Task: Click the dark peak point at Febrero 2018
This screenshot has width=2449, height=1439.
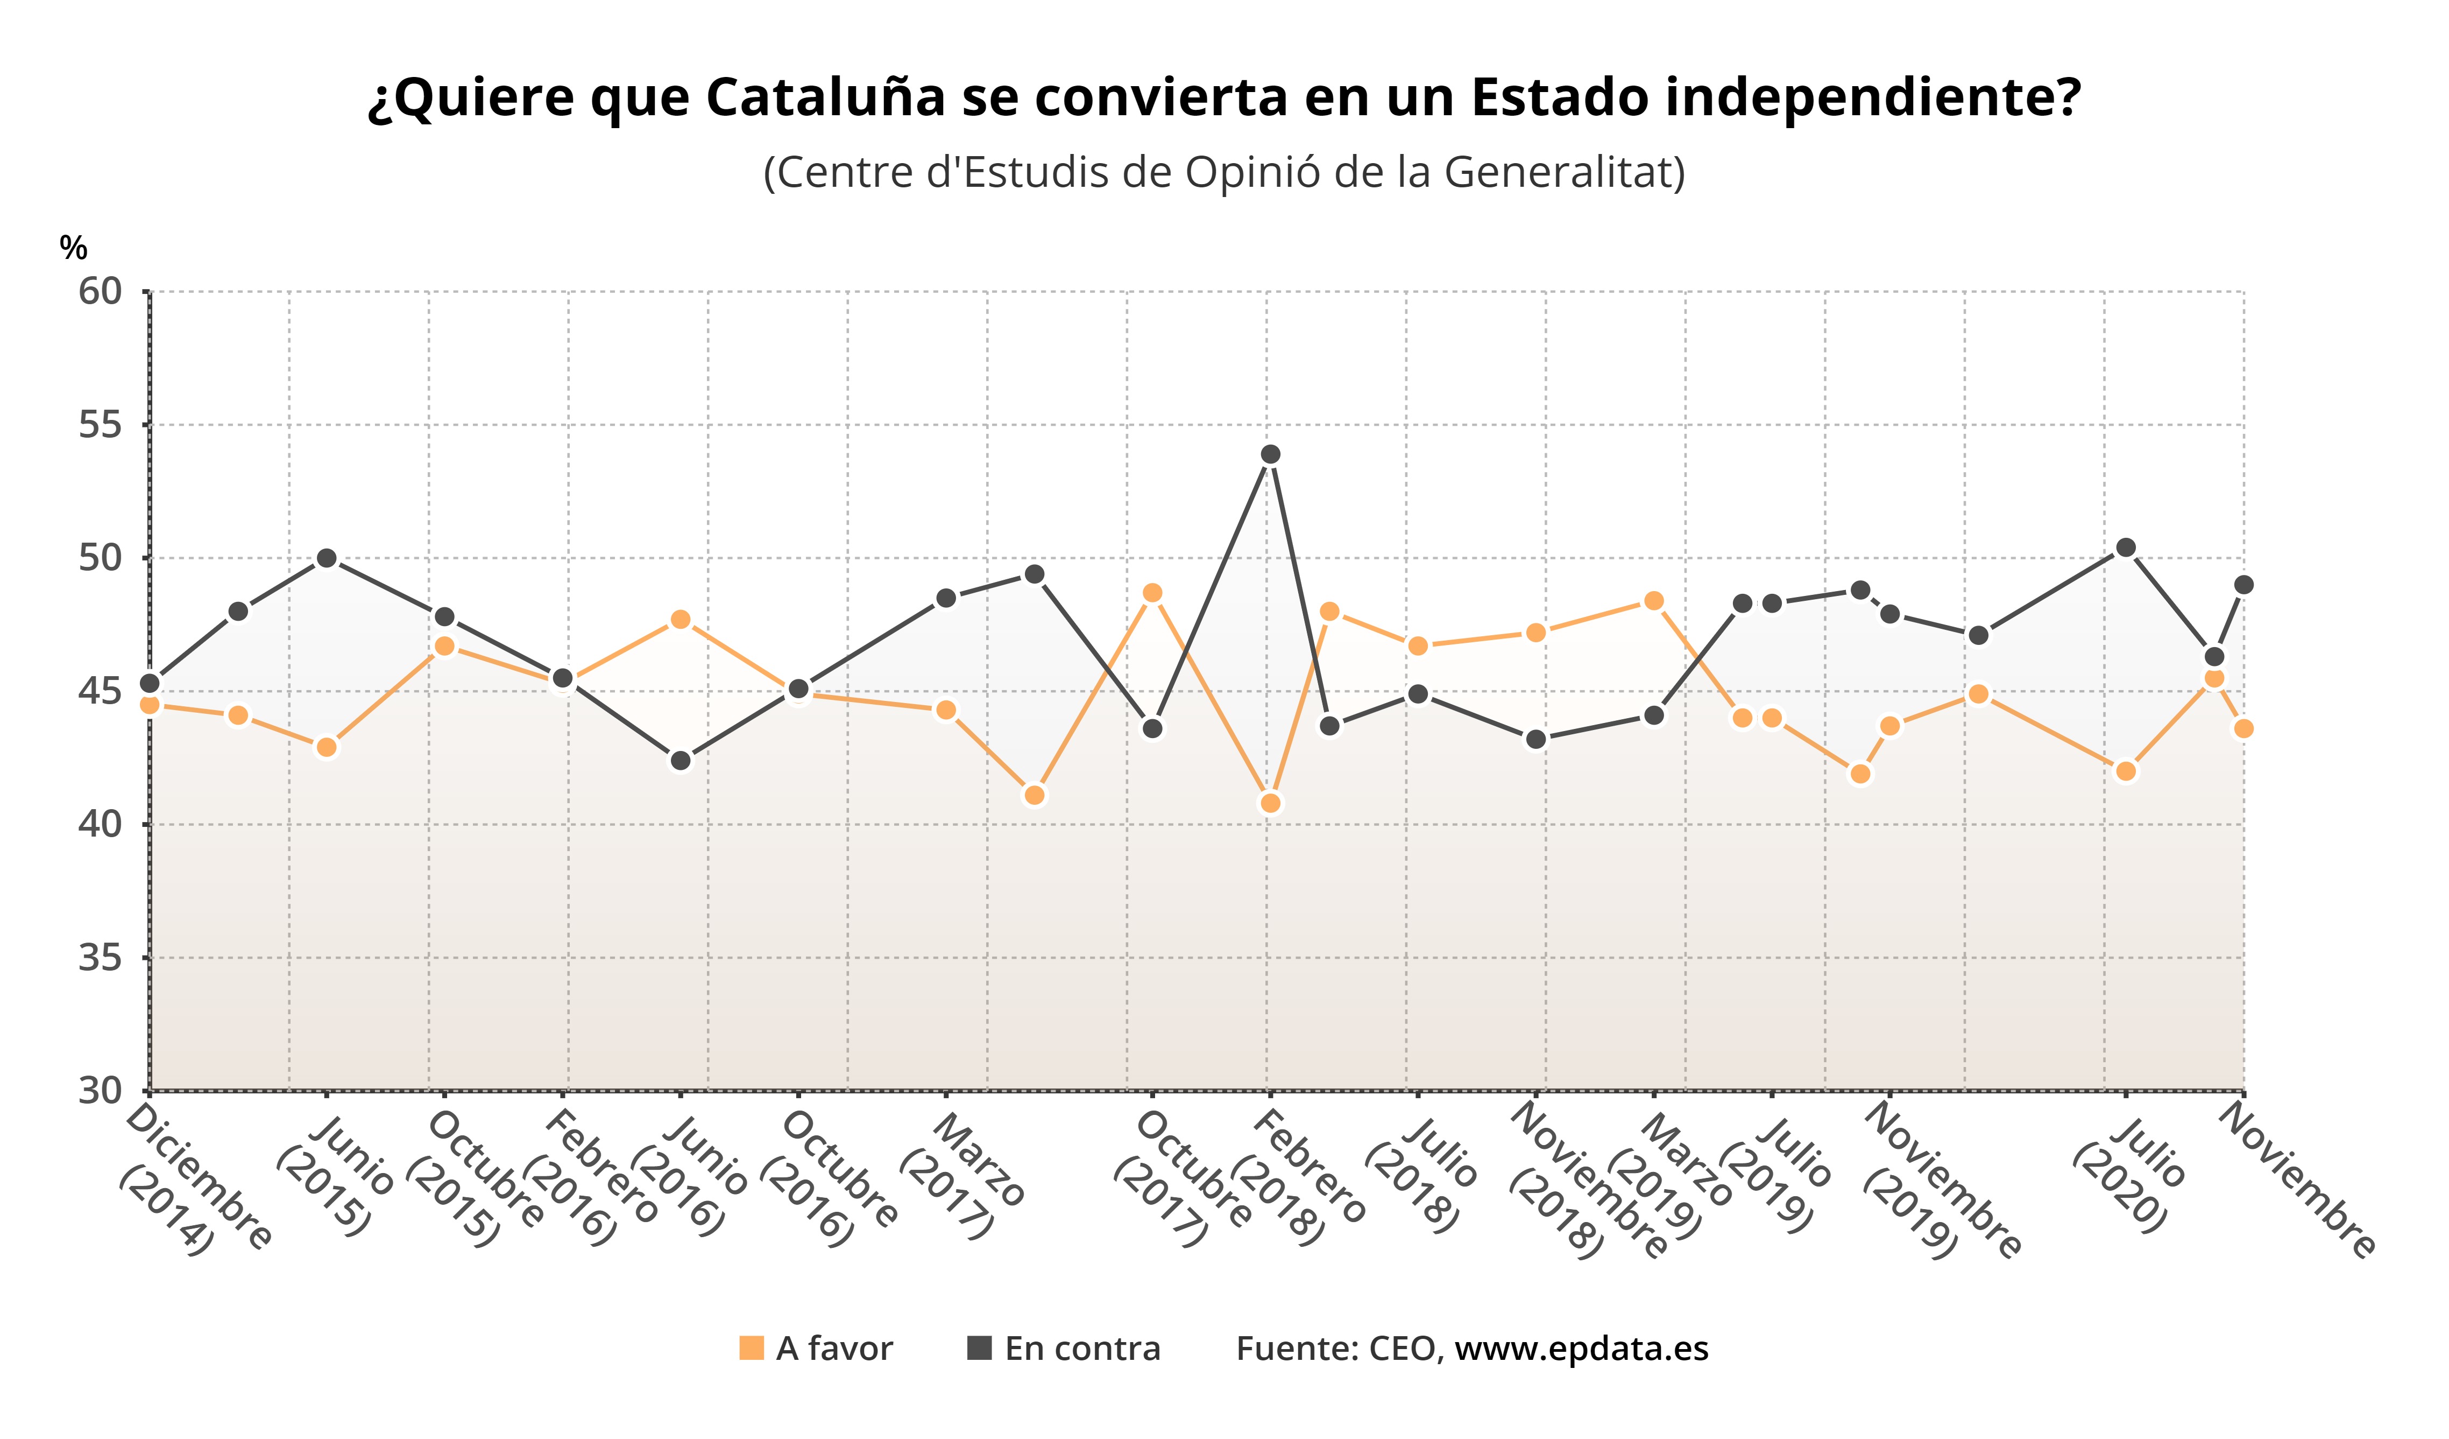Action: pos(1270,454)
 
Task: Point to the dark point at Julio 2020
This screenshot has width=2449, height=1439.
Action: pos(2125,547)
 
